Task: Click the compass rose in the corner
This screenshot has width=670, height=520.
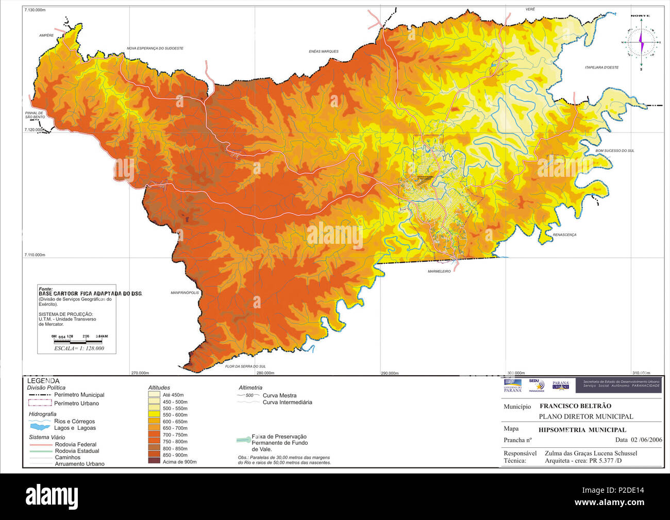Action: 641,42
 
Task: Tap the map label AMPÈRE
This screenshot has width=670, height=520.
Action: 46,36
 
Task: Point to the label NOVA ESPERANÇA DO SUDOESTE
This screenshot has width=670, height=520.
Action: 155,48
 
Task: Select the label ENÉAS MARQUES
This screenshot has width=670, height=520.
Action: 323,52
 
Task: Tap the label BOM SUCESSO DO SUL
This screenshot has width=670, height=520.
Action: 615,151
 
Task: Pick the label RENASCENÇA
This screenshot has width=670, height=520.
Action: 564,234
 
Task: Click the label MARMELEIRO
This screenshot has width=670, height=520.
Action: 439,271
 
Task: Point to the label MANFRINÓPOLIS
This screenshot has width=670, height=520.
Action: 185,293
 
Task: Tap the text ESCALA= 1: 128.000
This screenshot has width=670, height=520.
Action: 79,348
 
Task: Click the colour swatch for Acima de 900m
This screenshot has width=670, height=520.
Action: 154,461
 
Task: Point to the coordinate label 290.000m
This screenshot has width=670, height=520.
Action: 390,373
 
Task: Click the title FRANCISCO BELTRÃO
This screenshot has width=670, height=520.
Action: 575,406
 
